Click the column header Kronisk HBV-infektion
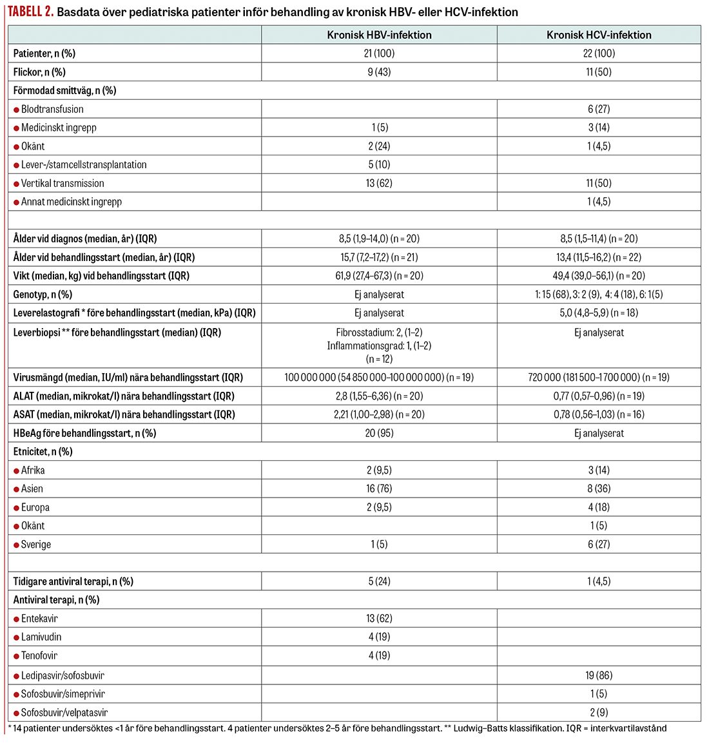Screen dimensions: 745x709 pos(379,35)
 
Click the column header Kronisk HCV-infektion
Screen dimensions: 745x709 pos(599,35)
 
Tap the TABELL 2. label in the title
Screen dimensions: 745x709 pos(31,12)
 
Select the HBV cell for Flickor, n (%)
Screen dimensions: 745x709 pos(379,72)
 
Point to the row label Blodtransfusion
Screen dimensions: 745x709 pos(52,110)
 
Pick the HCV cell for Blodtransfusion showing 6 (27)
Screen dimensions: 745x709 pos(599,110)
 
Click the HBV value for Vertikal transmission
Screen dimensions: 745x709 pos(379,184)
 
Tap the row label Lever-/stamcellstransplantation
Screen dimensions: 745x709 pos(84,165)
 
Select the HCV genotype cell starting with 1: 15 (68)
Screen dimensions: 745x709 pos(599,295)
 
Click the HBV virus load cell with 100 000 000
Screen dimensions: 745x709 pos(379,378)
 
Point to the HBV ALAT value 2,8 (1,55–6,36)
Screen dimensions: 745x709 pos(379,396)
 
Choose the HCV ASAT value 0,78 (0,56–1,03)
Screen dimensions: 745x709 pos(599,415)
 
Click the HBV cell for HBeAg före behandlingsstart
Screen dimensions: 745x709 pos(379,434)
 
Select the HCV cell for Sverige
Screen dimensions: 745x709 pos(599,545)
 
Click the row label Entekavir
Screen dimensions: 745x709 pos(39,619)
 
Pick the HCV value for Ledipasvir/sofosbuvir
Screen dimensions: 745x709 pos(599,676)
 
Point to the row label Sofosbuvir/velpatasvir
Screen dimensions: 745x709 pos(64,713)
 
